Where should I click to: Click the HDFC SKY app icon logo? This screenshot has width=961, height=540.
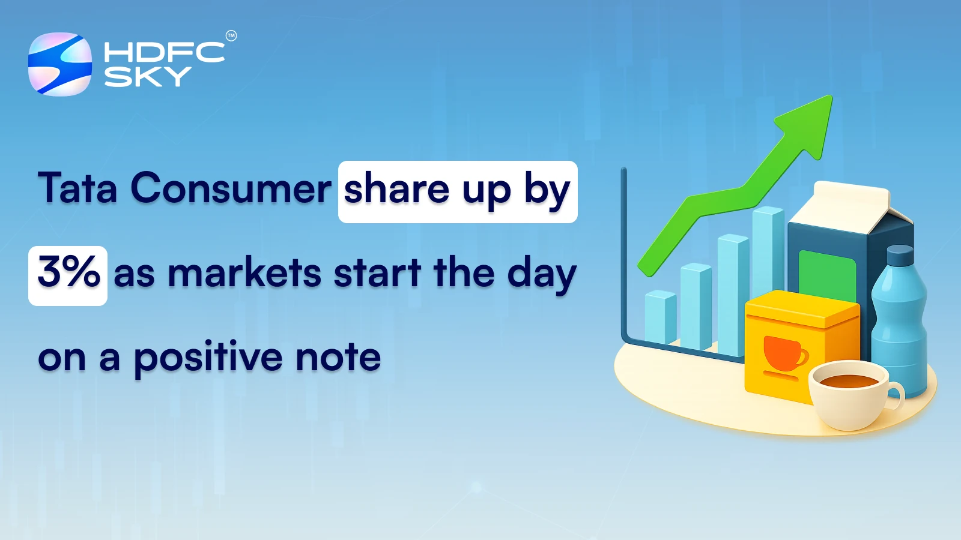pyautogui.click(x=60, y=64)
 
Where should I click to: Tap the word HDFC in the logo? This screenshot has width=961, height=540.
pyautogui.click(x=164, y=52)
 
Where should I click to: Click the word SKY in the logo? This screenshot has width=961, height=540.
pyautogui.click(x=147, y=77)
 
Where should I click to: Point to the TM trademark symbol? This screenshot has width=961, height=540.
pyautogui.click(x=231, y=36)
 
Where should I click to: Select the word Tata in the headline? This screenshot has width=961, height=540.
pyautogui.click(x=77, y=188)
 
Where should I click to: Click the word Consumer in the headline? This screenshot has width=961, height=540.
pyautogui.click(x=231, y=188)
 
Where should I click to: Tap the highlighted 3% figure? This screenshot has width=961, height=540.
pyautogui.click(x=68, y=273)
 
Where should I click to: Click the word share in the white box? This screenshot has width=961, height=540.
pyautogui.click(x=396, y=190)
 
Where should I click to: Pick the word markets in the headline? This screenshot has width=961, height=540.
pyautogui.click(x=245, y=274)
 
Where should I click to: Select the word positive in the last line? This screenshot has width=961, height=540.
pyautogui.click(x=208, y=358)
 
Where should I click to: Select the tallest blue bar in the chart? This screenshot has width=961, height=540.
pyautogui.click(x=767, y=252)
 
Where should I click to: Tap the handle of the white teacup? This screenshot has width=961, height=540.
pyautogui.click(x=897, y=396)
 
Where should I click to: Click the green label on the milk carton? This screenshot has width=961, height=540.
pyautogui.click(x=827, y=277)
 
